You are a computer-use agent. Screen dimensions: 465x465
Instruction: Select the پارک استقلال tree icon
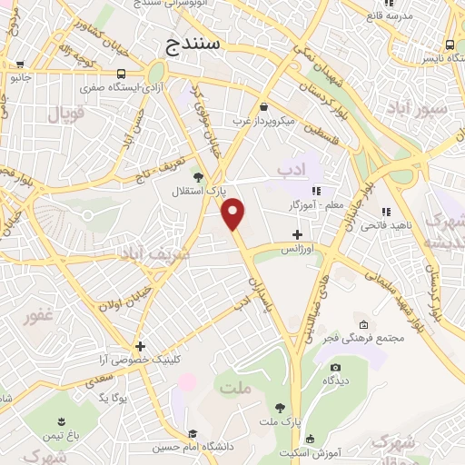198,176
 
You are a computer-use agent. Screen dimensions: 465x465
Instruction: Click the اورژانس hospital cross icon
297,234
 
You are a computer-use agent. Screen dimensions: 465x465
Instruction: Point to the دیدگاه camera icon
335,367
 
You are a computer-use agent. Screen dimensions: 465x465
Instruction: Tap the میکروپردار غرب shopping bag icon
263,105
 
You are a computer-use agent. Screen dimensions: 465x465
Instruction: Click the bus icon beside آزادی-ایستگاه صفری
122,74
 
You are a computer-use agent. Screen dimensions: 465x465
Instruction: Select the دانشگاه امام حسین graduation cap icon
193,434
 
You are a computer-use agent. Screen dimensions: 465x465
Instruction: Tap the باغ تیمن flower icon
61,421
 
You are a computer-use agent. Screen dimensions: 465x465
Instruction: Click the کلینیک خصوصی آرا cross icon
140,346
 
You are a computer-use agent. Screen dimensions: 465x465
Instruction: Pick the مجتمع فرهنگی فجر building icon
363,325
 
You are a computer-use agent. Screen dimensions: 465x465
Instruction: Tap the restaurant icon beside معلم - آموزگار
317,191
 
